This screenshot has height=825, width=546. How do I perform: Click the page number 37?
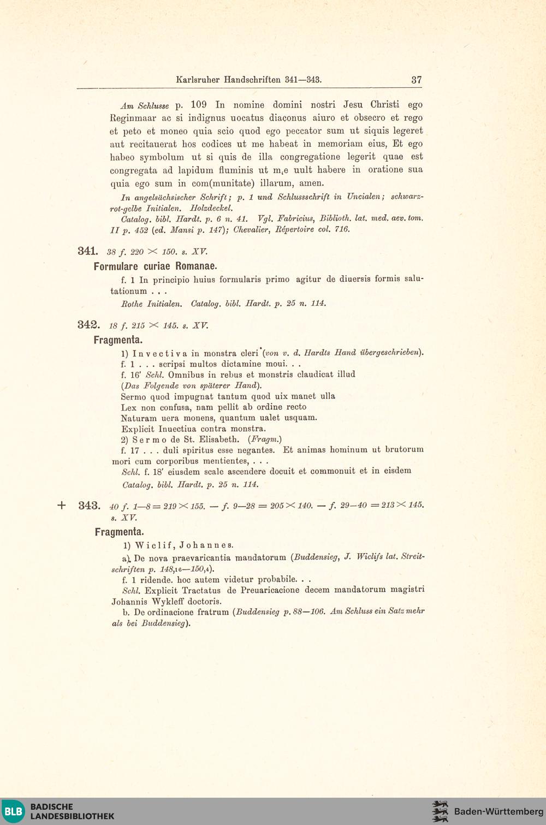point(416,80)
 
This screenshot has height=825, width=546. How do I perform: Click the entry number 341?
point(87,251)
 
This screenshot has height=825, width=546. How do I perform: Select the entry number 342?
point(88,325)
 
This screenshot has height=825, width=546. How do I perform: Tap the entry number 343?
point(89,505)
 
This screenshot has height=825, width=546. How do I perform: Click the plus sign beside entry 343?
point(62,506)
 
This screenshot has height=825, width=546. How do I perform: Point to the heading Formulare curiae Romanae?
point(155,266)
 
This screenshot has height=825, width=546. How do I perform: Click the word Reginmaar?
point(133,118)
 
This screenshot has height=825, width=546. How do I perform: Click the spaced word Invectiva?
point(159,353)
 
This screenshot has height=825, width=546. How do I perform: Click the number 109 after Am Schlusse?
point(199,104)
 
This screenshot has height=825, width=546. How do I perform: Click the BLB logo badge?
point(14,811)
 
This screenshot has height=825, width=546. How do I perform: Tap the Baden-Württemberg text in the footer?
point(498,811)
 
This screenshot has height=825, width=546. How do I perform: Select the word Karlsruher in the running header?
point(198,80)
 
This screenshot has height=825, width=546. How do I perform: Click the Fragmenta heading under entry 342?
point(118,340)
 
